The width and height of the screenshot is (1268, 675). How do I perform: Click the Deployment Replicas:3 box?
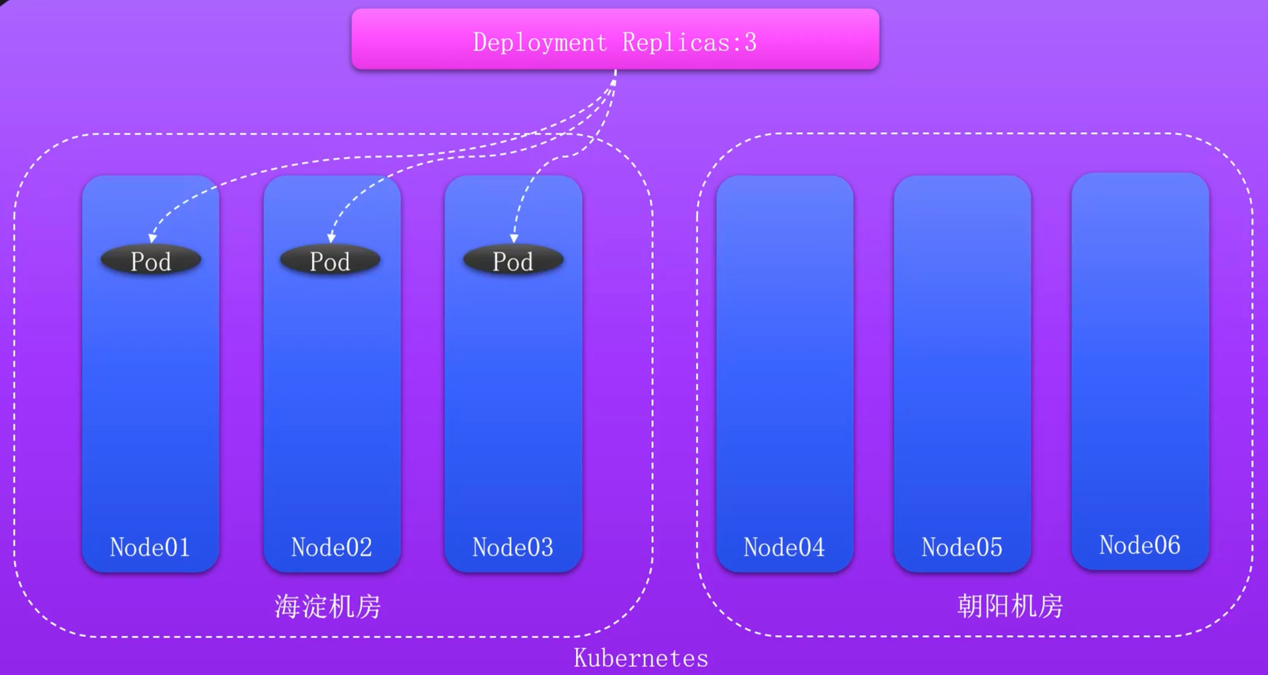[615, 39]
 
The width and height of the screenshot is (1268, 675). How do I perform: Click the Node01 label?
[150, 547]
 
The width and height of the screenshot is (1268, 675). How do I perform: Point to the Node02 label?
[331, 547]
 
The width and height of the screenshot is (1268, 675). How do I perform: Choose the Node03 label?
[512, 547]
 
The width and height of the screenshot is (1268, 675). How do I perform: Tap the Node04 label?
[784, 547]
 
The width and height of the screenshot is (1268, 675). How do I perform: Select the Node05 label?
[962, 547]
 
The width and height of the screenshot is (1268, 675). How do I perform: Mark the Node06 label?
[1139, 545]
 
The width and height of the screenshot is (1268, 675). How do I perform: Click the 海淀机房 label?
[327, 606]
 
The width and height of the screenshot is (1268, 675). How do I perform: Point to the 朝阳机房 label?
[1009, 606]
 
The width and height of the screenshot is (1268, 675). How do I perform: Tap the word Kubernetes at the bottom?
[641, 658]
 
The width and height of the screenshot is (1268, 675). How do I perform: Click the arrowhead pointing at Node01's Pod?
[152, 239]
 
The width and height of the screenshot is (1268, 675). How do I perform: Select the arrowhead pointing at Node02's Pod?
[331, 239]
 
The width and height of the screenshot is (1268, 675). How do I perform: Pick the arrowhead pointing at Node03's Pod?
[514, 239]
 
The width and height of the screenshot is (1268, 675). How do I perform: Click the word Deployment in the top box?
[540, 42]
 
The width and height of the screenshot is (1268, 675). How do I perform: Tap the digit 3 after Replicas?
[750, 42]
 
